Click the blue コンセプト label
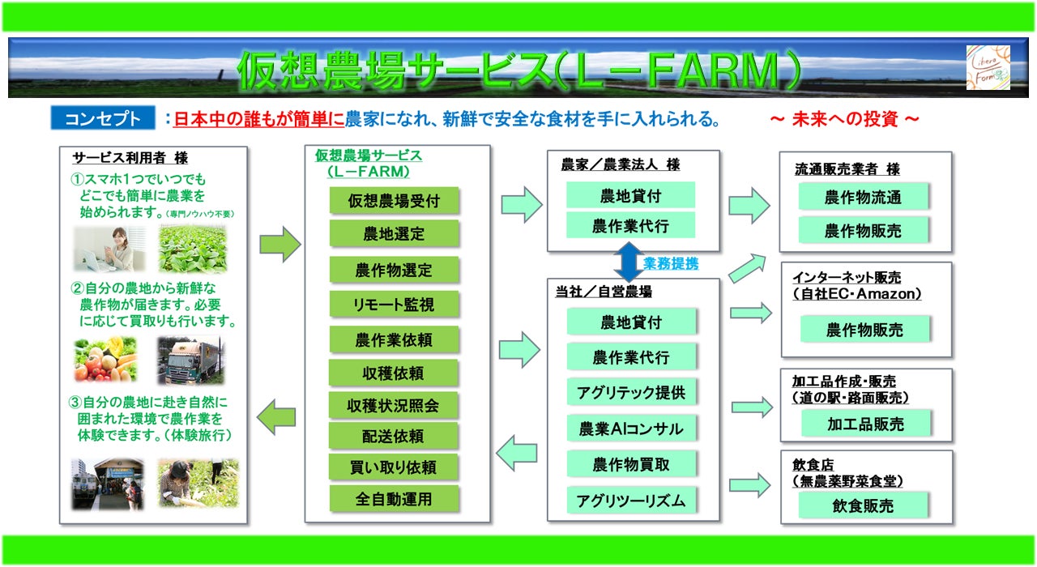coord(102,119)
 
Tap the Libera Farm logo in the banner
coord(988,67)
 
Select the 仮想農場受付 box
coord(394,201)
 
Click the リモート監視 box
coord(394,305)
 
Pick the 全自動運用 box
coord(394,498)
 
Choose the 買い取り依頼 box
coord(394,467)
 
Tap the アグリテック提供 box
coord(631,392)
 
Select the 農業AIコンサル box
coord(631,429)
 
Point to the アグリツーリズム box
coord(631,501)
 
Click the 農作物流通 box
coord(863,197)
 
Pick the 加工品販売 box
coord(865,424)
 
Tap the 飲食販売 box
coord(863,505)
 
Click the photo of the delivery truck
coord(190,360)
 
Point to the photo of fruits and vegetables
coord(105,360)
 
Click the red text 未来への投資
coord(844,120)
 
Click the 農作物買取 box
coord(631,465)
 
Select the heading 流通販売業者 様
coord(847,169)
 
